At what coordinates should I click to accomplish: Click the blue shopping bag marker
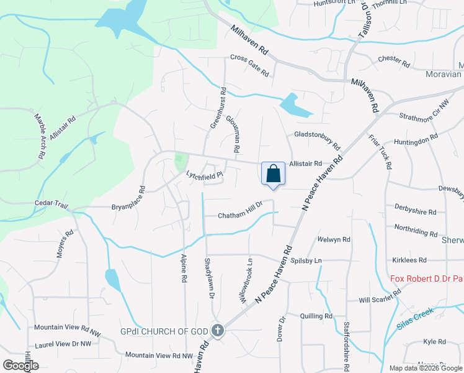click(273, 174)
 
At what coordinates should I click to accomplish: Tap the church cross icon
click(217, 331)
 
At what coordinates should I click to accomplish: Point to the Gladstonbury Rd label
click(317, 140)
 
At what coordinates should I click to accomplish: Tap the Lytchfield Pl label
click(204, 175)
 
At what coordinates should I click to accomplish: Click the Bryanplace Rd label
click(128, 198)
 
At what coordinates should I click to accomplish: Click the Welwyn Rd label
click(334, 239)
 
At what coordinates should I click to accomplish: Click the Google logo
click(20, 366)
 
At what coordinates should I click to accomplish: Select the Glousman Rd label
click(233, 134)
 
